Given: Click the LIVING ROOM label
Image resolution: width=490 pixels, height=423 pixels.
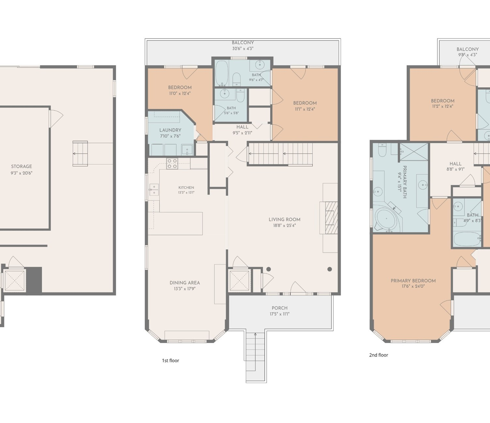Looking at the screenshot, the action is click(x=285, y=219).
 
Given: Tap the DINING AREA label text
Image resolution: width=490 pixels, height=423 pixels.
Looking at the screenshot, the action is click(x=185, y=282).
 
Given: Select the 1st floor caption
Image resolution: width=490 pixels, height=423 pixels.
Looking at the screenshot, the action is click(x=171, y=360).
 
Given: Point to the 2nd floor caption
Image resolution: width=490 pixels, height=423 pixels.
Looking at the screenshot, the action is click(x=379, y=355).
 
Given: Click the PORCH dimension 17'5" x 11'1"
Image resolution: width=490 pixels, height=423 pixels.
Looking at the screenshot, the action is click(x=280, y=314).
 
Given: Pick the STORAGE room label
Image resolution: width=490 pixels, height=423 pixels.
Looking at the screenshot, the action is click(x=21, y=166).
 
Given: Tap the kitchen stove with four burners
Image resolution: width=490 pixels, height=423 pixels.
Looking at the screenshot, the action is click(x=172, y=164).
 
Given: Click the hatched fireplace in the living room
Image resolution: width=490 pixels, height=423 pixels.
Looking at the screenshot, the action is click(x=332, y=218).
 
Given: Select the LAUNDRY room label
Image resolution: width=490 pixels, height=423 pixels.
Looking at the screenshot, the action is click(x=170, y=130).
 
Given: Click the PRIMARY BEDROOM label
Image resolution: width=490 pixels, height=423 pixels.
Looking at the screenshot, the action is click(x=413, y=281).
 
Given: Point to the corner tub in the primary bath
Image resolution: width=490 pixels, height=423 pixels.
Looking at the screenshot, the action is click(x=387, y=220).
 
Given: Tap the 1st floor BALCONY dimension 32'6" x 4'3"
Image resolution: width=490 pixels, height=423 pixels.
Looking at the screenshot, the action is click(x=243, y=49).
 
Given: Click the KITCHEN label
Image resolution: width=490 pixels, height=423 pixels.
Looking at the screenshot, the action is click(x=186, y=187).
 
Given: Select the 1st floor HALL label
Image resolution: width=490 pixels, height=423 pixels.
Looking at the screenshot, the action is click(x=242, y=127).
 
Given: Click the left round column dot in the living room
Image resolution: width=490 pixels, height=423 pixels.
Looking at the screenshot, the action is click(x=269, y=269).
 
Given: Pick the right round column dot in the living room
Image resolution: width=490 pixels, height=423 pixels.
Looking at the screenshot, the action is click(x=330, y=269).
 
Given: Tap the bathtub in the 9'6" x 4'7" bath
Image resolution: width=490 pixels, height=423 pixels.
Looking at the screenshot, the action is click(x=222, y=73).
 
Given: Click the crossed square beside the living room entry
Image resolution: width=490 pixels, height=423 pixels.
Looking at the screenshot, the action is click(x=239, y=280).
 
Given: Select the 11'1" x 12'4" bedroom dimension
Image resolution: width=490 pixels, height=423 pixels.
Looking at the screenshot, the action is click(x=305, y=109).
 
